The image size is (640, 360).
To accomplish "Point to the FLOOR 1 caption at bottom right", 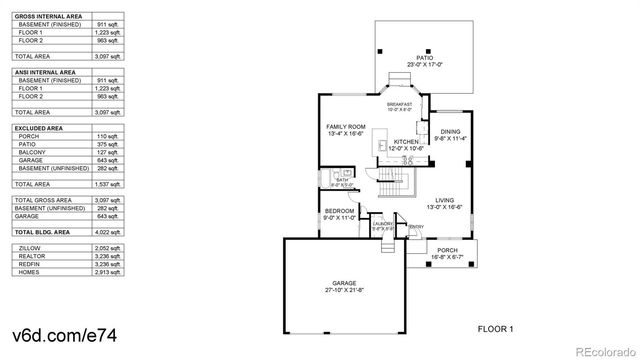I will coord(495,329).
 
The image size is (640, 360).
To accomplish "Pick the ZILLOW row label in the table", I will coord(30,247).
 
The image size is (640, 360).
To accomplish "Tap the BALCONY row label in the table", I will coord(34,153).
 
